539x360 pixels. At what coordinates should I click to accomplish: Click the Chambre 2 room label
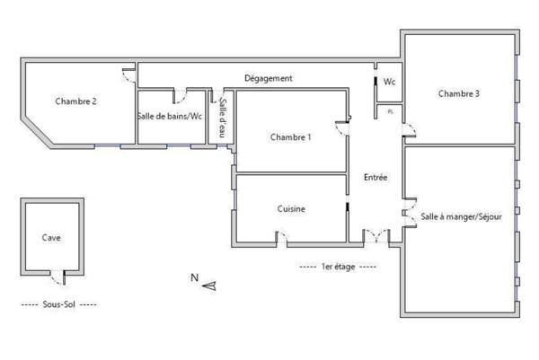point(75,101)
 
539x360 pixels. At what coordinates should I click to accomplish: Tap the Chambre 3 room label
point(458,93)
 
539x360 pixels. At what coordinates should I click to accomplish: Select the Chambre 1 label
point(290,137)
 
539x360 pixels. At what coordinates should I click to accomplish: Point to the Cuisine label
point(291,209)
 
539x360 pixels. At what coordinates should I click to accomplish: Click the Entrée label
point(376,178)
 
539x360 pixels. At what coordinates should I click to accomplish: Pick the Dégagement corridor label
point(269,79)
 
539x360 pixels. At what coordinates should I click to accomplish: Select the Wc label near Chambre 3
point(389,82)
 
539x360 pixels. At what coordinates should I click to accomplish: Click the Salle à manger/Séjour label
point(461,218)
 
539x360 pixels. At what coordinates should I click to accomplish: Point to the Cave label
point(51,238)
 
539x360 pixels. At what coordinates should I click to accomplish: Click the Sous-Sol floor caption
point(57,305)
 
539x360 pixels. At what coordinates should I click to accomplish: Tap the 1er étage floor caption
point(337,267)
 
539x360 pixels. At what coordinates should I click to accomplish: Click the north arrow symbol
point(210,285)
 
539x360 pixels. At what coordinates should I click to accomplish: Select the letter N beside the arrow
point(194,278)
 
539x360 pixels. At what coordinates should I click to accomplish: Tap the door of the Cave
point(59,275)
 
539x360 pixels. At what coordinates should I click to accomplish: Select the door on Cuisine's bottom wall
point(281,239)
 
